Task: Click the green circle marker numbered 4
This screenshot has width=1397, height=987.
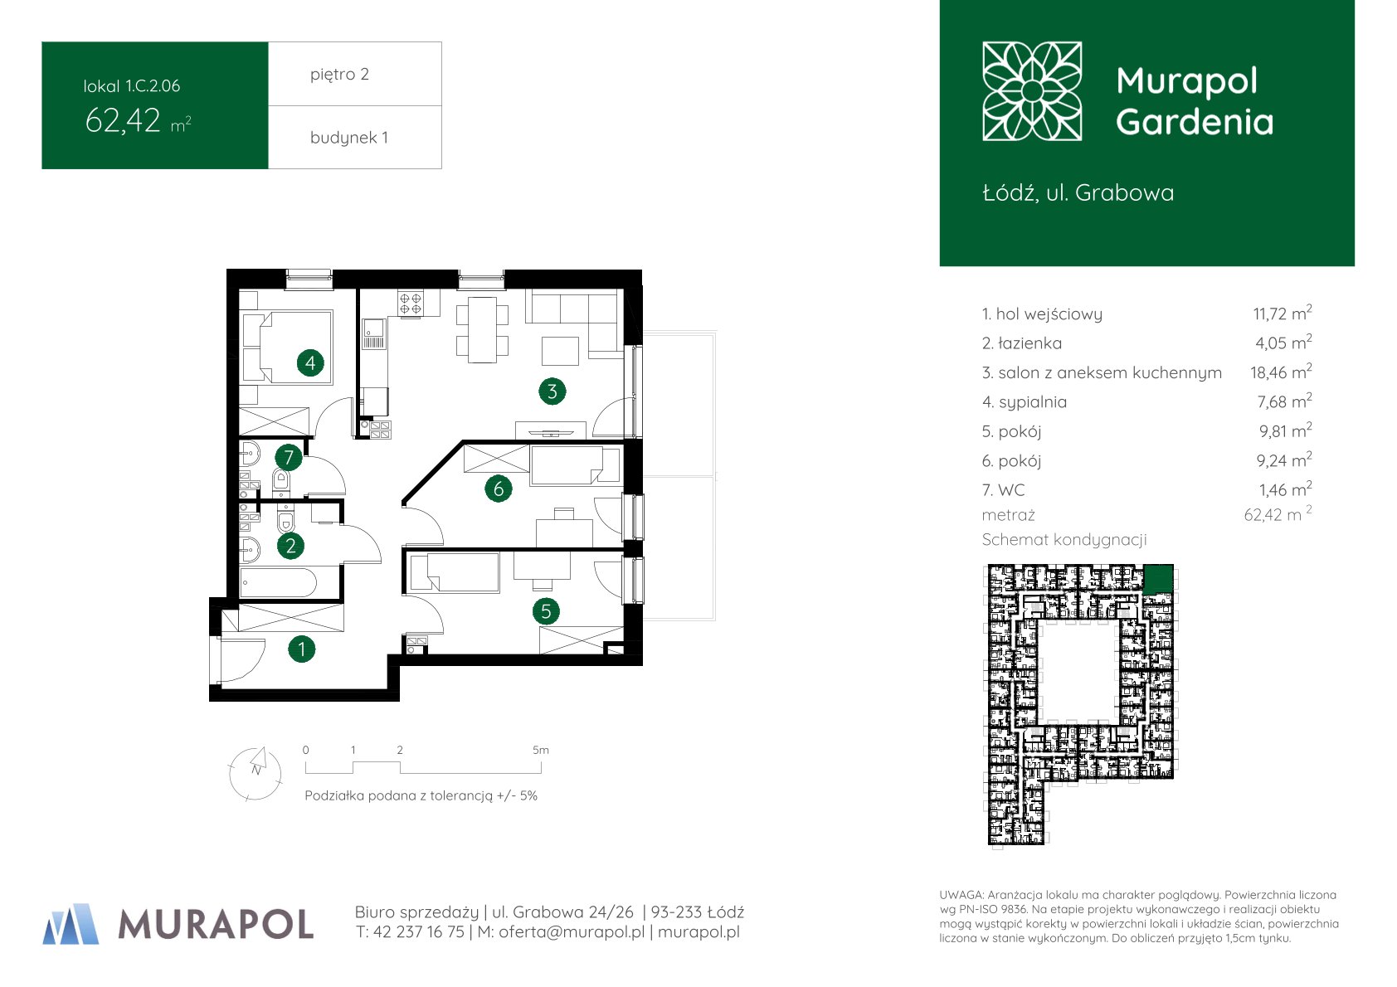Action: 310,362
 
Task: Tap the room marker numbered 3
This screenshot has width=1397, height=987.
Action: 552,391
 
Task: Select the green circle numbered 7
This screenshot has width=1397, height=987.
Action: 288,456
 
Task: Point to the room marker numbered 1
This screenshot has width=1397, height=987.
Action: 302,649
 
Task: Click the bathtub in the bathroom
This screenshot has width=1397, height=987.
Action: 278,582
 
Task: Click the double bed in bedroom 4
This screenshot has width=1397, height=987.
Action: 294,347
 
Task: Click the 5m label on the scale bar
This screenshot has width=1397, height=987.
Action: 540,750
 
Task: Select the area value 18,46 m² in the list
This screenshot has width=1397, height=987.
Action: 1281,372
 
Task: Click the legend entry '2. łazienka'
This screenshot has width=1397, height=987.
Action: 1021,343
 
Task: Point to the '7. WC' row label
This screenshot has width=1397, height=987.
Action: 1003,490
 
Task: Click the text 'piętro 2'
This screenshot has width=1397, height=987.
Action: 339,74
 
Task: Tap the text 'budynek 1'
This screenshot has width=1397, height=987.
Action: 348,138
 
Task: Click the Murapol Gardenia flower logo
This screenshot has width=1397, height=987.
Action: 1032,91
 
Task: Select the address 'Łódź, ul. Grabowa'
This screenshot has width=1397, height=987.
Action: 1078,193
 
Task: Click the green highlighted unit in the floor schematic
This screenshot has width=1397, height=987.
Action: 1158,578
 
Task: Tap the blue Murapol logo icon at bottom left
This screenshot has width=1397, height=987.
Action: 71,924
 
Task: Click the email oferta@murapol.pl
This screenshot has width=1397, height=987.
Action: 571,931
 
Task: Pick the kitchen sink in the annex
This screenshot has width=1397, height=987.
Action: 373,333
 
